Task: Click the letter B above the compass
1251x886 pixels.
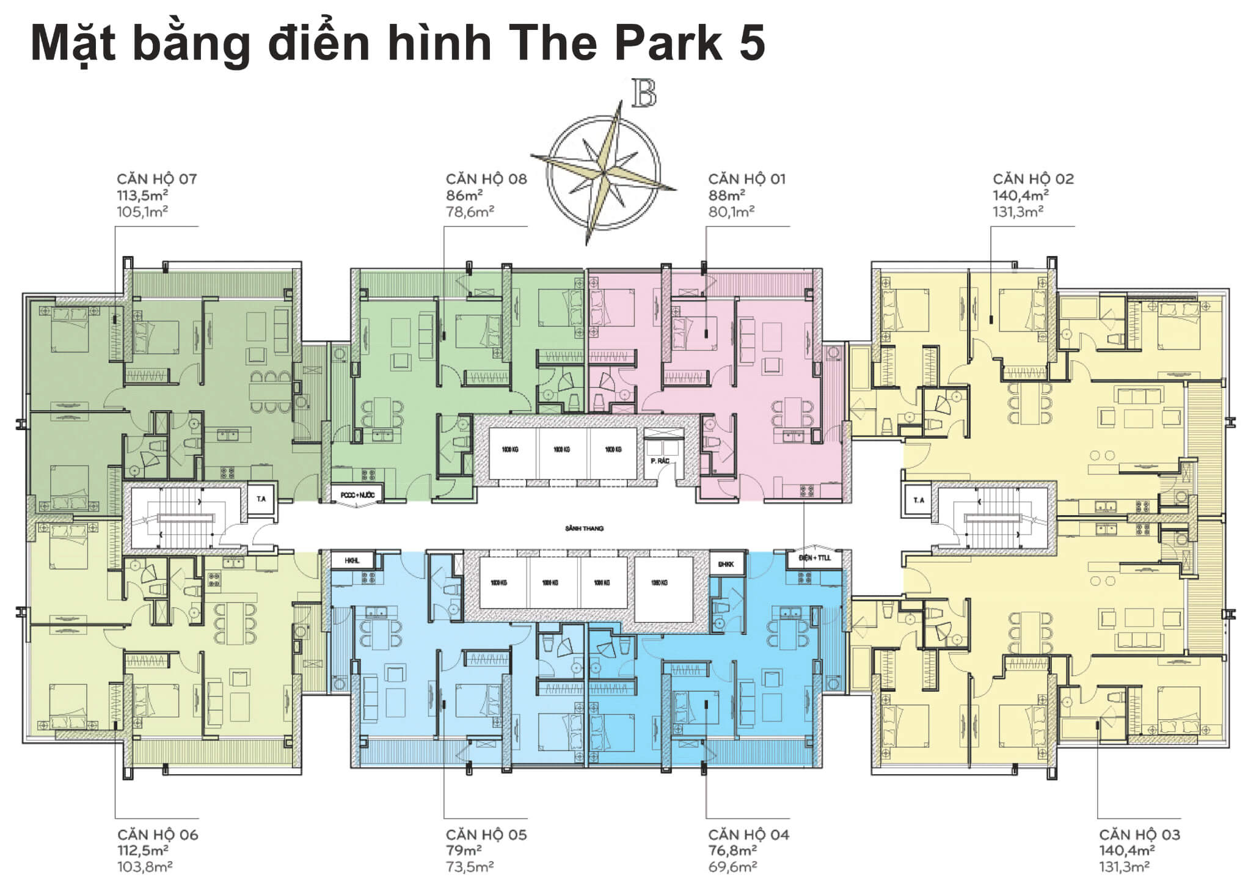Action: (x=644, y=93)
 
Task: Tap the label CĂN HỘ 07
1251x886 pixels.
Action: (x=157, y=179)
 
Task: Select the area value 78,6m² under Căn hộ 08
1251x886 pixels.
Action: (x=470, y=211)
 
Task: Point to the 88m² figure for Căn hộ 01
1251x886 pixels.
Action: (x=726, y=196)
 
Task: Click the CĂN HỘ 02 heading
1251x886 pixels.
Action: (x=1033, y=179)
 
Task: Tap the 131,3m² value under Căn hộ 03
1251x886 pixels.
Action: (x=1124, y=866)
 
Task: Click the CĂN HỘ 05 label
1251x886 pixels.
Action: (x=486, y=835)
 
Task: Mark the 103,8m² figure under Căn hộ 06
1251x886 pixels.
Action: (x=145, y=866)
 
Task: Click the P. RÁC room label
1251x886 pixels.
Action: (x=660, y=461)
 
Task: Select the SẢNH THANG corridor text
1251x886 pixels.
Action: (x=585, y=528)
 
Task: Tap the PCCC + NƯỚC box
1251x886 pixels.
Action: (x=357, y=494)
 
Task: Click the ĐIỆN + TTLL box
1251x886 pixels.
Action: (x=815, y=558)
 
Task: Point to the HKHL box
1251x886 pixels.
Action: (x=352, y=560)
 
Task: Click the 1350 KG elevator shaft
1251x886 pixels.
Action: (x=660, y=582)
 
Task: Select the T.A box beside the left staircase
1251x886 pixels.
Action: (x=261, y=499)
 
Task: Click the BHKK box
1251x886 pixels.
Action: (x=726, y=564)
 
